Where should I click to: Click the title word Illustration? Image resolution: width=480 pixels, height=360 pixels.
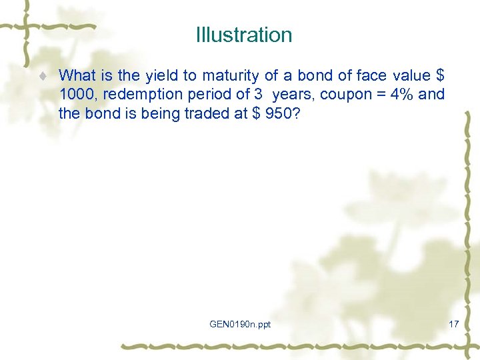tap(244, 35)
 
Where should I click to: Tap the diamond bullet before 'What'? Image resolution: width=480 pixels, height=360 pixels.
tap(42, 76)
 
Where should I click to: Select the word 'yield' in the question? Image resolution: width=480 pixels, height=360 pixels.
tap(154, 75)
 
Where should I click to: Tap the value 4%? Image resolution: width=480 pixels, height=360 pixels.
tap(401, 94)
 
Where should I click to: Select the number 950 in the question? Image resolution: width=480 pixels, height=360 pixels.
tap(276, 113)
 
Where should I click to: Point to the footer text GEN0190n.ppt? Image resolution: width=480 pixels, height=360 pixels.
tap(240, 324)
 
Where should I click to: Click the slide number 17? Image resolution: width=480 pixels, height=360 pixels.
tap(454, 324)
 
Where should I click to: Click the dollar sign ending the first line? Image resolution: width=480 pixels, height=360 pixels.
tap(438, 75)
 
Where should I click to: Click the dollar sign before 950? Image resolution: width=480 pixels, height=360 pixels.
tap(255, 113)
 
